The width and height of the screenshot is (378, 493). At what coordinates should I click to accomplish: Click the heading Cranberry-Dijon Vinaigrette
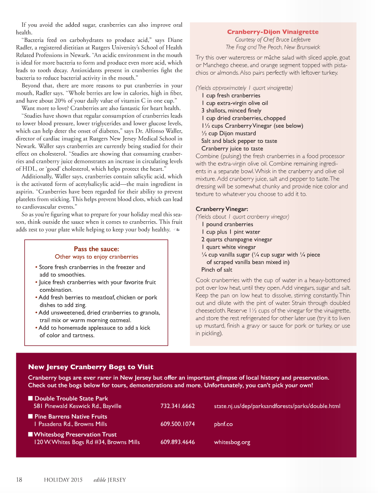click(x=273, y=32)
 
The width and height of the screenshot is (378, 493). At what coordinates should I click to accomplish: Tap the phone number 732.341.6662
click(x=178, y=406)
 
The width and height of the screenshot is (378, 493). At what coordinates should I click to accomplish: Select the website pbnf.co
click(x=223, y=424)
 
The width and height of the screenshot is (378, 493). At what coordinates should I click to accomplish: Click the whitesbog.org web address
click(x=232, y=443)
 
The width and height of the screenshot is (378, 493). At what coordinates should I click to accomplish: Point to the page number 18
click(x=19, y=479)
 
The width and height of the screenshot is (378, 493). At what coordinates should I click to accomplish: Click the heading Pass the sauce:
click(x=96, y=249)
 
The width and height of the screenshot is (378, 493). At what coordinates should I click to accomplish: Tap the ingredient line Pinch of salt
click(x=216, y=270)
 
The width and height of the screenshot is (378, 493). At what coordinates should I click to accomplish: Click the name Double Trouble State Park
click(x=71, y=399)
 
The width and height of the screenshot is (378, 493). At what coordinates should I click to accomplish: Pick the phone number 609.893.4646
click(x=178, y=443)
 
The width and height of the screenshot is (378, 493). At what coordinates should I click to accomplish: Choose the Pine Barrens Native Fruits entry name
click(x=71, y=417)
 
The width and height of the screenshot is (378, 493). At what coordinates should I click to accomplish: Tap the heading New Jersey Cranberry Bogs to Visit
click(x=91, y=367)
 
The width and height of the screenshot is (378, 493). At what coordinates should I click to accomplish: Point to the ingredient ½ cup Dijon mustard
click(x=228, y=133)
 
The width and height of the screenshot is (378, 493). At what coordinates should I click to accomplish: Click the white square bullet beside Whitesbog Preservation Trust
click(x=30, y=434)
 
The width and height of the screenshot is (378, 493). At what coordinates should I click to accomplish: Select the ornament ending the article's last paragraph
click(x=176, y=229)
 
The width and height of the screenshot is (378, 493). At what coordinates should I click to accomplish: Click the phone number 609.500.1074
click(x=178, y=424)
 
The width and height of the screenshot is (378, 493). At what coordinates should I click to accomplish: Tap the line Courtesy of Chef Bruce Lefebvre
click(x=273, y=40)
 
